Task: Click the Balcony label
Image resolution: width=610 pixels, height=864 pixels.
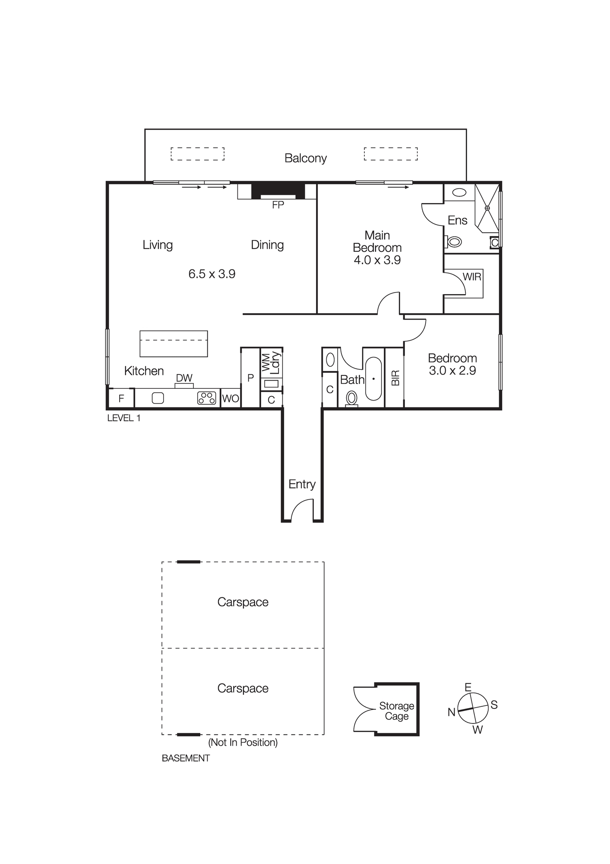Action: click(x=305, y=158)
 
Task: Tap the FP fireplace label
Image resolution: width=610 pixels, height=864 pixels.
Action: click(x=278, y=205)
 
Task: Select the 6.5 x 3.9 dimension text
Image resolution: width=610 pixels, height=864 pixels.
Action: click(x=212, y=274)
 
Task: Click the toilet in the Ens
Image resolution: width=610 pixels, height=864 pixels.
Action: click(x=454, y=241)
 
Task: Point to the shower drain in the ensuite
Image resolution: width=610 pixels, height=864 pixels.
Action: click(x=487, y=208)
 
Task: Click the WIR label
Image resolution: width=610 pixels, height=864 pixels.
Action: click(x=472, y=277)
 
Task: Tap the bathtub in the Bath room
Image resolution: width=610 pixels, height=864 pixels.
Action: click(x=373, y=378)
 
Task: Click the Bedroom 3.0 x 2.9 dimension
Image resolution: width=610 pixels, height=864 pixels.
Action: click(x=452, y=371)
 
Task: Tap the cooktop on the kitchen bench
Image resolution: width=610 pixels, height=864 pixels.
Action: click(x=207, y=398)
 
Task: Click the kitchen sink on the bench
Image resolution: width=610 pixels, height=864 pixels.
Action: click(x=158, y=398)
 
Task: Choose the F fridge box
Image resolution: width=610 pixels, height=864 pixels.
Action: click(x=121, y=398)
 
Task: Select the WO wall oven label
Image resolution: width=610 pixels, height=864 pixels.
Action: click(x=231, y=398)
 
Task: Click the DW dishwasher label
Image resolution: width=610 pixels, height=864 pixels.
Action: click(x=184, y=378)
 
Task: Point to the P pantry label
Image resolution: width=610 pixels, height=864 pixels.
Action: click(x=250, y=378)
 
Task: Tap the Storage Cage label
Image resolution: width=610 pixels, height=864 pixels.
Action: click(x=396, y=711)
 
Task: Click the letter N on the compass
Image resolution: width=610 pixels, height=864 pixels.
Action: click(x=452, y=712)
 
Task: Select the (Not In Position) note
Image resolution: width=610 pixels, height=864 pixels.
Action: click(x=243, y=743)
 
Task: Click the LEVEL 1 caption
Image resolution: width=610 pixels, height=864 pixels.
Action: click(x=124, y=418)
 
